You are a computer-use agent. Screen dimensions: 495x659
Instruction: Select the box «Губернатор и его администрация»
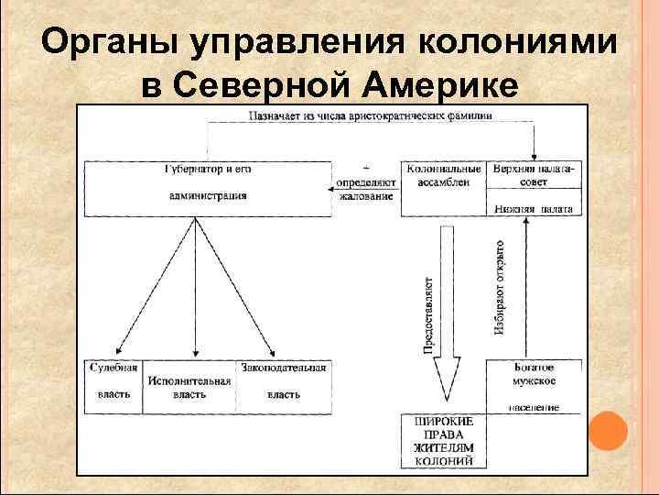click(x=208, y=183)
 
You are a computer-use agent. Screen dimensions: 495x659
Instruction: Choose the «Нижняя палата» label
click(x=533, y=209)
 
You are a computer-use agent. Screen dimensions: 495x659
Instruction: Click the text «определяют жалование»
click(x=366, y=190)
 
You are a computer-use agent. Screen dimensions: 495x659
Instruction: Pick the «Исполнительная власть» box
click(x=189, y=386)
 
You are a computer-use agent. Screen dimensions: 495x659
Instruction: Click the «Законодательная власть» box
click(x=284, y=380)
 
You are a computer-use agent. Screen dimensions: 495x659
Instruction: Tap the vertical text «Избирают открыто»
click(x=500, y=286)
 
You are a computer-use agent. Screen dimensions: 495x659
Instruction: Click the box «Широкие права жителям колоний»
click(x=445, y=442)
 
